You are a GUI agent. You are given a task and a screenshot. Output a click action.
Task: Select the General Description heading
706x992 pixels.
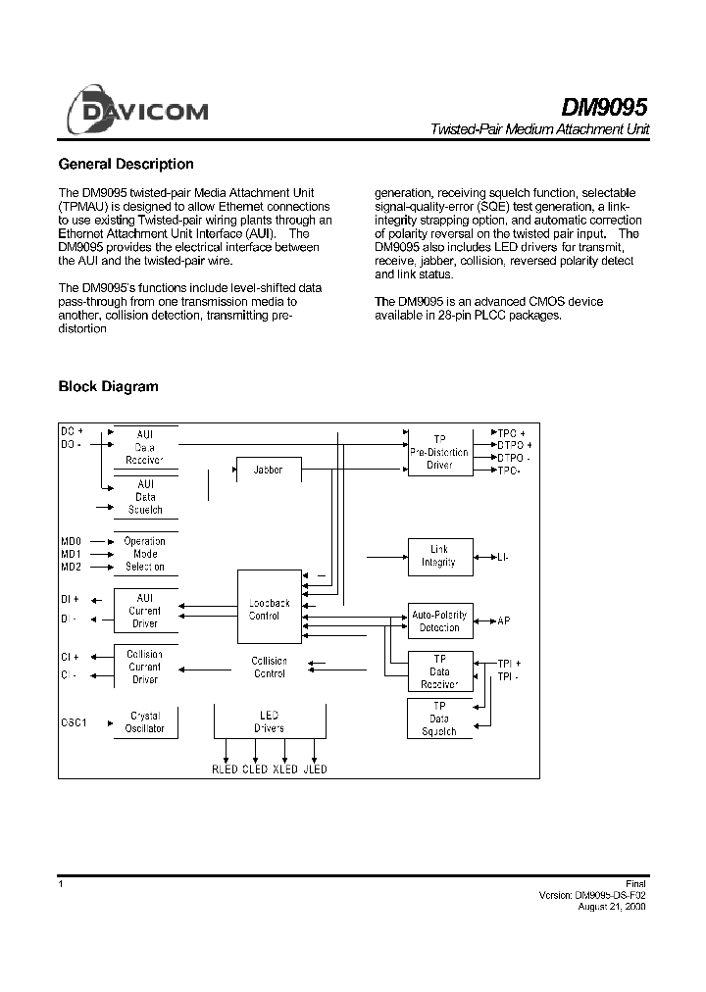coord(126,165)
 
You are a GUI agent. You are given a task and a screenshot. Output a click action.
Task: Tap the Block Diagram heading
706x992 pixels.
coord(108,387)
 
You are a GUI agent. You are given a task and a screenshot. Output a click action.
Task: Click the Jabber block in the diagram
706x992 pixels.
coord(268,471)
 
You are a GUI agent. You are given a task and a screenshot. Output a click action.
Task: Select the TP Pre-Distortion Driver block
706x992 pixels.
coord(439,452)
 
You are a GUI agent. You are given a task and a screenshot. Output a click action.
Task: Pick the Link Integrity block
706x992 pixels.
coord(439,557)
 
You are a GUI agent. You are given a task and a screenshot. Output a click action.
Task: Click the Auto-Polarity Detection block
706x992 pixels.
coord(439,620)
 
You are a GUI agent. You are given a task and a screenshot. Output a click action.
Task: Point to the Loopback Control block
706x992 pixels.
coord(270,610)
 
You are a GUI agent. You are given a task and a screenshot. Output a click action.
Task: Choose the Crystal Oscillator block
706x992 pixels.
coord(145,722)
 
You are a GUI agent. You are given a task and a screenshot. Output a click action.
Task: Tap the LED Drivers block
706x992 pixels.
coord(270,722)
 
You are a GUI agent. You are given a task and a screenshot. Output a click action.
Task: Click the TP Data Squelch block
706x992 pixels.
coord(439,719)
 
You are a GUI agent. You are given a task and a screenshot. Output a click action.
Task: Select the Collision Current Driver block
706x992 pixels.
coord(145,667)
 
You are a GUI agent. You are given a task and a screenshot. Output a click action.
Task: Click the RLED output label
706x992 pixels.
coord(226,769)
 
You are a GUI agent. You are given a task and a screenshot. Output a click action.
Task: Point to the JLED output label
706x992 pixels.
coord(315,769)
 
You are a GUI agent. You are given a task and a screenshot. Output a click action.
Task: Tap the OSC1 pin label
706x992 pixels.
coord(75,723)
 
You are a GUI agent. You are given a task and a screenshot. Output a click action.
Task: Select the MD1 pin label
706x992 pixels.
coord(72,554)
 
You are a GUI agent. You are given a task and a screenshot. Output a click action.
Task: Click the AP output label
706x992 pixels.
coord(504,621)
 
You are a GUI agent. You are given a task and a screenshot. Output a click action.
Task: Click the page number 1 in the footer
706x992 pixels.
coord(62,884)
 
